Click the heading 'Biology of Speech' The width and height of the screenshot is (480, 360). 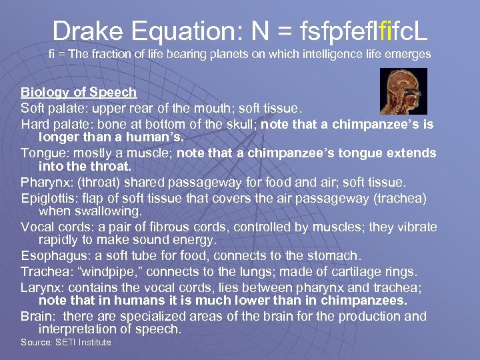(79, 92)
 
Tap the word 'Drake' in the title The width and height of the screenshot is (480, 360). (83, 30)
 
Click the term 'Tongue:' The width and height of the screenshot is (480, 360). (43, 153)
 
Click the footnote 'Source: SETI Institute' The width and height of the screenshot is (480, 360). (65, 343)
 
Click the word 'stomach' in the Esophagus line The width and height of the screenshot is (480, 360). (335, 256)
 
